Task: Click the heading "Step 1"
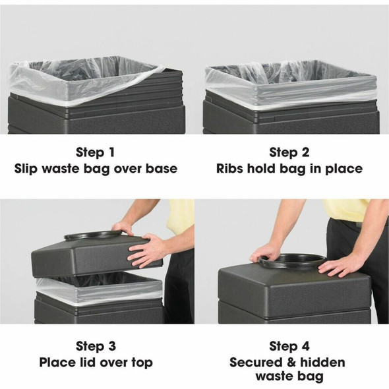(x=96, y=152)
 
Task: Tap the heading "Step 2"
(x=289, y=152)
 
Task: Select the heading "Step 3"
(x=96, y=345)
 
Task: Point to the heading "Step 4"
(x=289, y=345)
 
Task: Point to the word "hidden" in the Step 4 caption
(x=320, y=362)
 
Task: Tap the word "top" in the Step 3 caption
(x=140, y=363)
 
